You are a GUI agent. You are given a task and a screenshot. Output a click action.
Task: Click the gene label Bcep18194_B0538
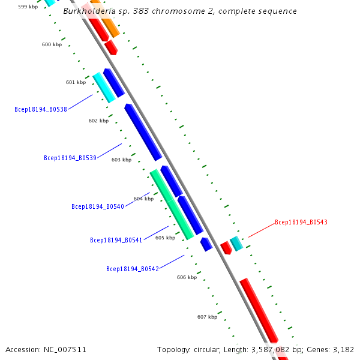[40, 109]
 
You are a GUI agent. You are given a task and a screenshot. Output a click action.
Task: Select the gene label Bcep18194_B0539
[70, 158]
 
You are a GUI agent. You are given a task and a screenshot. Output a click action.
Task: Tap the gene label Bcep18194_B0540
[98, 206]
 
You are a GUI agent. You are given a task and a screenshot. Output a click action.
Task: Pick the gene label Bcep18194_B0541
[116, 240]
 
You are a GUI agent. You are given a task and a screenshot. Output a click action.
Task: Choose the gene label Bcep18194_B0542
[133, 269]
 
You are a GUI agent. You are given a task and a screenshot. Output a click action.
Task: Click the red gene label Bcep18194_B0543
[301, 222]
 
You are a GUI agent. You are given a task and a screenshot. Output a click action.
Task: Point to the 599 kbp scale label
[28, 7]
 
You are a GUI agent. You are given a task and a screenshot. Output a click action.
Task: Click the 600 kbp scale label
[52, 44]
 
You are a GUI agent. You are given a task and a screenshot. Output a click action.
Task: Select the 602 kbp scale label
[98, 121]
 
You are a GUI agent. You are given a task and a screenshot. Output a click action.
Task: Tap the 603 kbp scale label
[121, 160]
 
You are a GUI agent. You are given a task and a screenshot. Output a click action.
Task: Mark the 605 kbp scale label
[165, 238]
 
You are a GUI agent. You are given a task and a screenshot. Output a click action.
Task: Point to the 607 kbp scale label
[207, 317]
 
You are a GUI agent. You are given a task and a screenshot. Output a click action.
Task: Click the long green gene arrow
[172, 205]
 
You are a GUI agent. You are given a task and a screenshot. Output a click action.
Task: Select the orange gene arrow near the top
[106, 20]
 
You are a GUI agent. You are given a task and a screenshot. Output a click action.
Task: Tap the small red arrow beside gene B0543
[226, 248]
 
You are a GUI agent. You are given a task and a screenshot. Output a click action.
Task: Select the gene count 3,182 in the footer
[342, 349]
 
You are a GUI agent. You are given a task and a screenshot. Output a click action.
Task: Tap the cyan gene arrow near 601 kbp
[104, 88]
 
